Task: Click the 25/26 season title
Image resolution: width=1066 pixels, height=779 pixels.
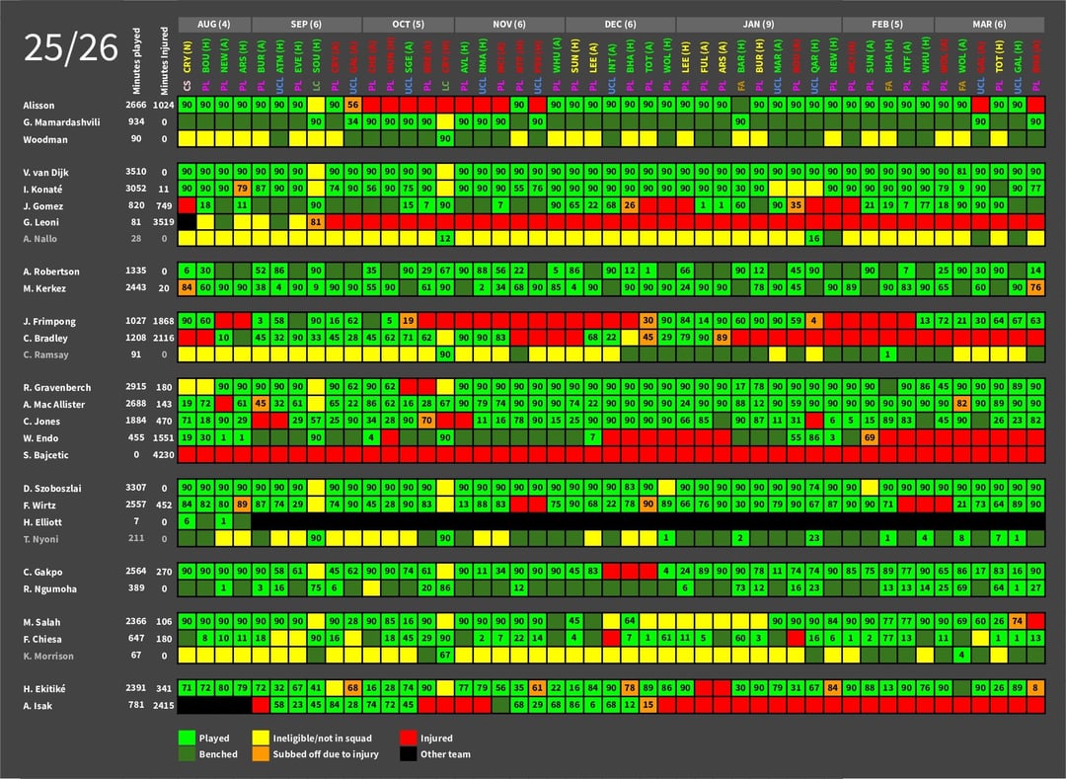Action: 70,48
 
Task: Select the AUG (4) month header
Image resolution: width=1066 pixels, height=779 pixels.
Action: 214,24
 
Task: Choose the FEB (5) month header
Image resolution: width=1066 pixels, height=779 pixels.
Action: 887,24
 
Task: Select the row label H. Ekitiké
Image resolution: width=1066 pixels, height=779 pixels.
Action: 45,688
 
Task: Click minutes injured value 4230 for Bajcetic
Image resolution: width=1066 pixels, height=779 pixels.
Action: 163,455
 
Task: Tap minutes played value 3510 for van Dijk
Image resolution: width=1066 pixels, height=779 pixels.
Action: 136,173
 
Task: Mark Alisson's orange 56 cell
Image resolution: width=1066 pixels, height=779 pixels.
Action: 353,105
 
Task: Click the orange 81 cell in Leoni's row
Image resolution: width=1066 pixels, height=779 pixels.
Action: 316,222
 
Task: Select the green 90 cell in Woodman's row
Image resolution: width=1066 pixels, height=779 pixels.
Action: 445,138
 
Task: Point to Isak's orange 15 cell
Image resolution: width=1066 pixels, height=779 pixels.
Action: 648,705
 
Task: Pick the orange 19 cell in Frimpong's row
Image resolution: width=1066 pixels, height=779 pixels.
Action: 408,322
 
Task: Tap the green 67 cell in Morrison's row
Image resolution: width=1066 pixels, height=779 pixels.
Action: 445,656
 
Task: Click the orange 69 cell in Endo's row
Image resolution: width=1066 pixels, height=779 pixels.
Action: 870,437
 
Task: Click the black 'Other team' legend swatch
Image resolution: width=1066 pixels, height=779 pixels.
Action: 408,754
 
